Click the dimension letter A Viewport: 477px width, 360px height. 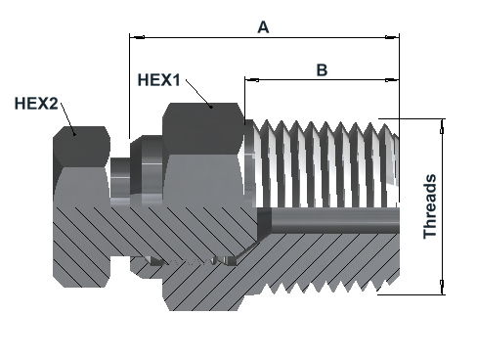pyautogui.click(x=263, y=27)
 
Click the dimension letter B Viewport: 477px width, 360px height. pyautogui.click(x=322, y=69)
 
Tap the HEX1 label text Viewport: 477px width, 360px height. pyautogui.click(x=158, y=80)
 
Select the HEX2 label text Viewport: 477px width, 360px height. pyautogui.click(x=36, y=104)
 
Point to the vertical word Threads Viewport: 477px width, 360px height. pyautogui.click(x=430, y=206)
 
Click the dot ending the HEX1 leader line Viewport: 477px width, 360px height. pyautogui.click(x=211, y=107)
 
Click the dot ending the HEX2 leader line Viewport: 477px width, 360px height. pyautogui.click(x=74, y=134)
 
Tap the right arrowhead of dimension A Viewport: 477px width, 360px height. pyautogui.click(x=392, y=37)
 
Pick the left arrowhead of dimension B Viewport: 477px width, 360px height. pyautogui.click(x=252, y=80)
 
